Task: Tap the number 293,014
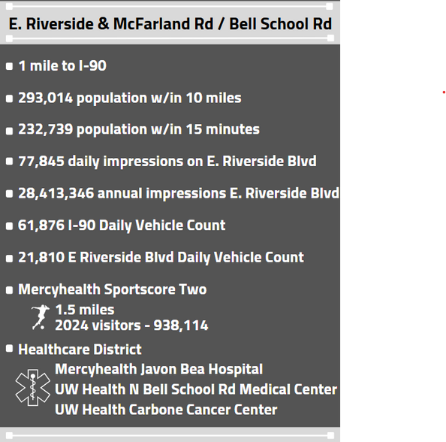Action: click(x=44, y=98)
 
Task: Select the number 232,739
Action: click(x=44, y=129)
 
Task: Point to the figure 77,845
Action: click(x=41, y=162)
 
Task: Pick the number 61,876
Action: click(x=41, y=226)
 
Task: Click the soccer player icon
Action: click(x=39, y=317)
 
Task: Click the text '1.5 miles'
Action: click(x=85, y=310)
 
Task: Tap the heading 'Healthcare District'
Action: click(x=80, y=350)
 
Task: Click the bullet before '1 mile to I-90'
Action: click(x=9, y=66)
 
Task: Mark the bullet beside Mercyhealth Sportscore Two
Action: click(x=9, y=289)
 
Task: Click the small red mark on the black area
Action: click(x=443, y=92)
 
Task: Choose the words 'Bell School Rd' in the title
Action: click(x=281, y=24)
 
